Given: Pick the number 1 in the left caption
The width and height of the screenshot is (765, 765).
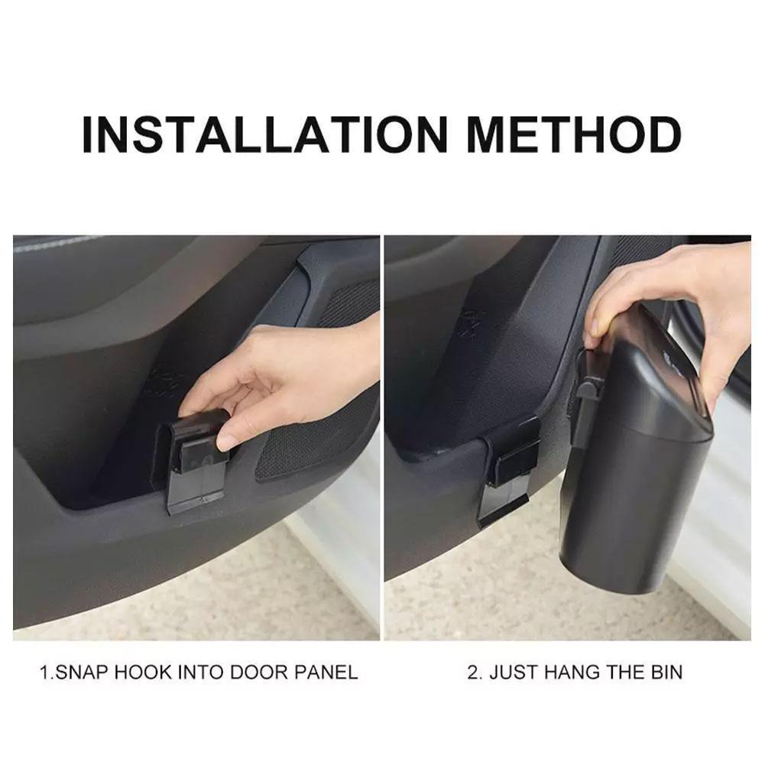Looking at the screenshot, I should [x=44, y=673].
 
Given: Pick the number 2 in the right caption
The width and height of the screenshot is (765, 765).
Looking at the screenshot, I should [x=472, y=673].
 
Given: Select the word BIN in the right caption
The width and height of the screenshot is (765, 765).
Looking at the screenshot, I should [x=666, y=673].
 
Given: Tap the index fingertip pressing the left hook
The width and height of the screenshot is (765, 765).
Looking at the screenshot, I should [x=226, y=442].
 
